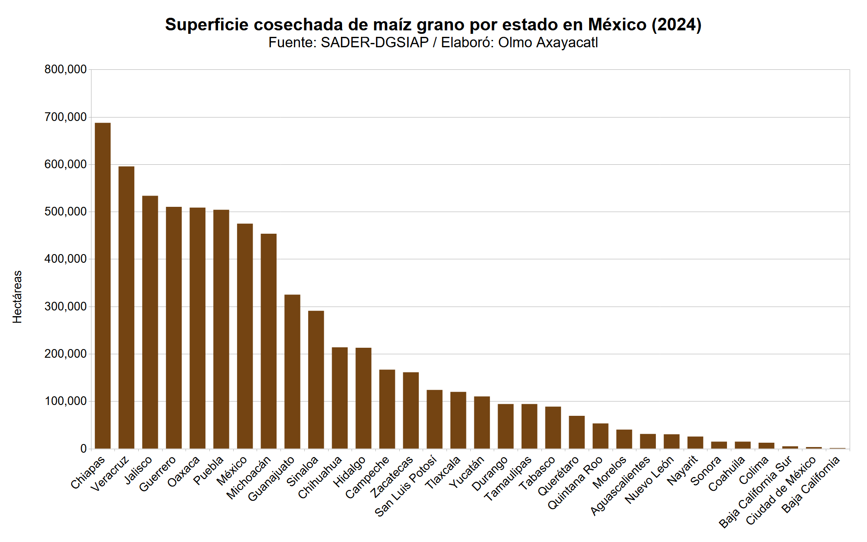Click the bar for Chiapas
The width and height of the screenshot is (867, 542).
[103, 286]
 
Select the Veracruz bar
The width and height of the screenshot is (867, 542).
[127, 308]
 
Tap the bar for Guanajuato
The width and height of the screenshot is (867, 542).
[292, 372]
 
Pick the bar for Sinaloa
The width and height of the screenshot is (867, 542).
[316, 380]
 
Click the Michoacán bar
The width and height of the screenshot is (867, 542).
[269, 341]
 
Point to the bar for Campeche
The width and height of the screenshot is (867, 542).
[387, 409]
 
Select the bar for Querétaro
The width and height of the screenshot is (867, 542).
[577, 432]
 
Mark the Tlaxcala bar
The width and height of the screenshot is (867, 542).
[458, 420]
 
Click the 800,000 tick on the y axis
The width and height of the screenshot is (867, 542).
[65, 69]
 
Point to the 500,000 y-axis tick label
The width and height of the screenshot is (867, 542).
[65, 212]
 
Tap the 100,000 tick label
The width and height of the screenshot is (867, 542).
[65, 401]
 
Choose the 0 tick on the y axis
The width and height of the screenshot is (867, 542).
[83, 449]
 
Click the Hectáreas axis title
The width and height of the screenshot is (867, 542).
[17, 297]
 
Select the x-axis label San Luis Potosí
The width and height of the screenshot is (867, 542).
[405, 486]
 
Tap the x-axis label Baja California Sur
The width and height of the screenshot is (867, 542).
[756, 492]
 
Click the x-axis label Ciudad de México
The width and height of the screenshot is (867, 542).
[781, 491]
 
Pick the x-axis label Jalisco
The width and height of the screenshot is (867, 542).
[138, 470]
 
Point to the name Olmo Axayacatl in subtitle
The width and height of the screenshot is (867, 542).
[548, 42]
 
